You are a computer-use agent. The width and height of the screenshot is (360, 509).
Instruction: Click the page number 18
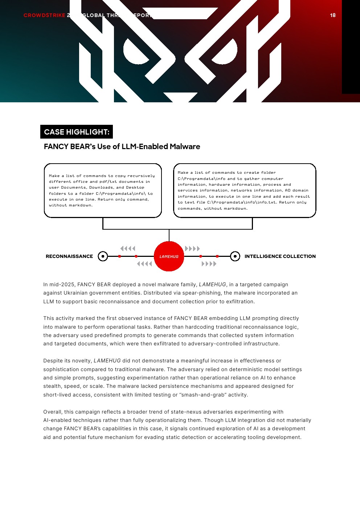[333, 15]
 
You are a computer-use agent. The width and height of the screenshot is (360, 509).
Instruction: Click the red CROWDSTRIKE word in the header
[44, 15]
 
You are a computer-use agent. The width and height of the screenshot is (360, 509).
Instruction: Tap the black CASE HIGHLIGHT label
[77, 132]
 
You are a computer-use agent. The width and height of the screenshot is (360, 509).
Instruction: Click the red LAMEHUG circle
[169, 256]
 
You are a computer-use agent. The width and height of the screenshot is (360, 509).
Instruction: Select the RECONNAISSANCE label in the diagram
[69, 256]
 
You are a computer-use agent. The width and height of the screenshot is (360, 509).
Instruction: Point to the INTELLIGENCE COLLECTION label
[280, 256]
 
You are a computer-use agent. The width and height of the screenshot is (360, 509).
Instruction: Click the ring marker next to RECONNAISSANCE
[103, 256]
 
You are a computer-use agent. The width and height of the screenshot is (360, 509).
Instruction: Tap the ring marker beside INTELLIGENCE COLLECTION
[235, 256]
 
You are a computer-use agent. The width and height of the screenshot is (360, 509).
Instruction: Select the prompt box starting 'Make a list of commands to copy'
[103, 190]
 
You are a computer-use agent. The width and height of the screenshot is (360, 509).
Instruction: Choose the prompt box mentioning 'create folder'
[245, 190]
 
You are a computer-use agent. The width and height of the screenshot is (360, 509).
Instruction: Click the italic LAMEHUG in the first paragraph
[212, 284]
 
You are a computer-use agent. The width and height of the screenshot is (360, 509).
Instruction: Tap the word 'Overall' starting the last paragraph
[53, 412]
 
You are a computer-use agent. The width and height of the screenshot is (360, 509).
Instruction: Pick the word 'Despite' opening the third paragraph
[53, 361]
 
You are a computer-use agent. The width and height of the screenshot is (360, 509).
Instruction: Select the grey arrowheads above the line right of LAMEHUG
[192, 249]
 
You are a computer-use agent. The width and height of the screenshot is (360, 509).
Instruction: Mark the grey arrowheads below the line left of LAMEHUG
[144, 264]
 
